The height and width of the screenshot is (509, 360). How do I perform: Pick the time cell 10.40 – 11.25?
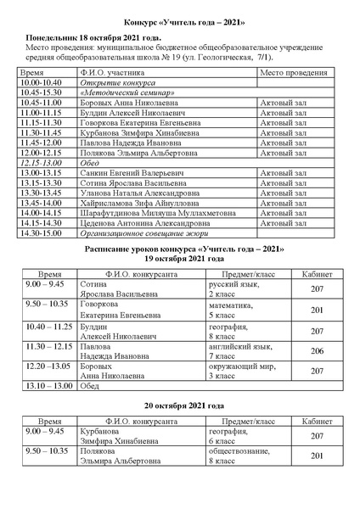50,326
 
